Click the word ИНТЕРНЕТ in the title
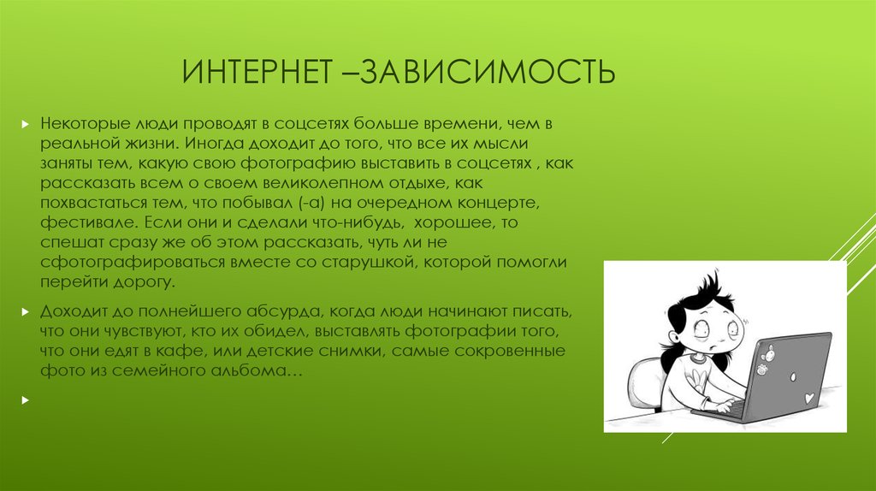257,72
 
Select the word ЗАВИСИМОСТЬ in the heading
487,72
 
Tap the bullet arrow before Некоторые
25,124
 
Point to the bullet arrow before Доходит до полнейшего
25,311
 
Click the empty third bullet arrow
25,400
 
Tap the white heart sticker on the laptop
808,399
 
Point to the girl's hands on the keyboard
726,405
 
